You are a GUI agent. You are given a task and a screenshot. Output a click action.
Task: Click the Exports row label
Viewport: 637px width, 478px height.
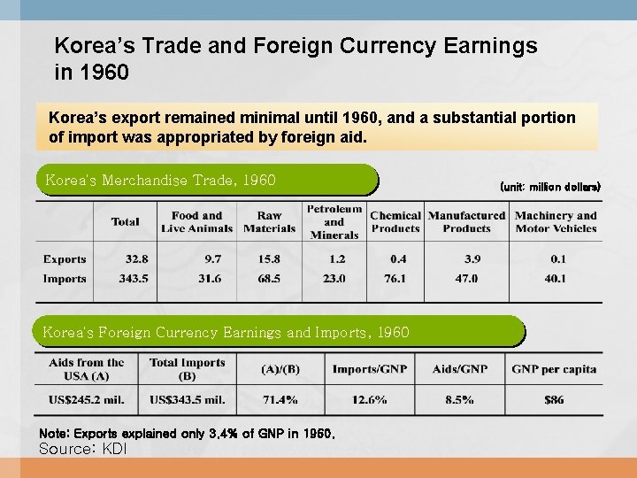click(65, 259)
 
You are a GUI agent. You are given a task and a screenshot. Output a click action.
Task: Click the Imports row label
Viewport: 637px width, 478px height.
click(65, 279)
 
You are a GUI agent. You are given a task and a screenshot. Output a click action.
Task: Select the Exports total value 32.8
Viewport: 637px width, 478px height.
click(136, 259)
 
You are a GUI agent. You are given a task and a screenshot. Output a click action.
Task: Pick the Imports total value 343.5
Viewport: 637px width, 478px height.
click(133, 279)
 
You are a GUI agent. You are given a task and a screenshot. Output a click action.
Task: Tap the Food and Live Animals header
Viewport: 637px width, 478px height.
click(196, 221)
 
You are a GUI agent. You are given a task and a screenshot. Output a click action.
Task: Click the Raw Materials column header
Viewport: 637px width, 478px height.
click(269, 221)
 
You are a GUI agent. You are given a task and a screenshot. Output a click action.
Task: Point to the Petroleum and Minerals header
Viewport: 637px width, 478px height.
click(334, 221)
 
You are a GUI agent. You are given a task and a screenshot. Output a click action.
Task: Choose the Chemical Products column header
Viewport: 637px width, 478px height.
click(395, 221)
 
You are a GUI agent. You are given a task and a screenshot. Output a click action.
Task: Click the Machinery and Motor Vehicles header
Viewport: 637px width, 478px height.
click(556, 221)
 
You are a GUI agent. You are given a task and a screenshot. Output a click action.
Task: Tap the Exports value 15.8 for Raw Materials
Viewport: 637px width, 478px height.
click(269, 259)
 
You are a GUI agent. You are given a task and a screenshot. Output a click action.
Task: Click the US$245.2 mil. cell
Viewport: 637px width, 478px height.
click(87, 400)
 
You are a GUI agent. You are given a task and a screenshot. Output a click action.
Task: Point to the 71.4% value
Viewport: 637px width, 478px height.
click(280, 400)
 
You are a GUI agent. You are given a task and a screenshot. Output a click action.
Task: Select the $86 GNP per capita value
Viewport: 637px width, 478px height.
click(554, 400)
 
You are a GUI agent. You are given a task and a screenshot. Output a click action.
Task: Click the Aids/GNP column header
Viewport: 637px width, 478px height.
click(459, 368)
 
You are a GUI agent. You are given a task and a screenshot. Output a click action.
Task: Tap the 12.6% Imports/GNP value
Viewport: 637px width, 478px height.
click(369, 400)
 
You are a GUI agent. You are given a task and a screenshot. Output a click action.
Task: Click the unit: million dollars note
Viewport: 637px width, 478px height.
click(549, 187)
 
